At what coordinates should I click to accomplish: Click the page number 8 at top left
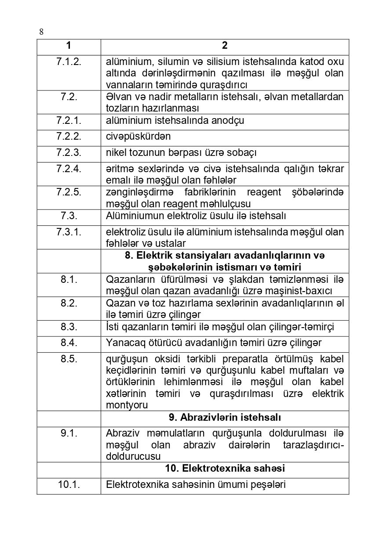[x=41, y=32]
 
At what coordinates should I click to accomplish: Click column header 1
[x=69, y=46]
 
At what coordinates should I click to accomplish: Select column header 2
[x=225, y=46]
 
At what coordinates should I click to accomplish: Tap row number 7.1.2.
[x=69, y=61]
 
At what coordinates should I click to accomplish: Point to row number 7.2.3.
[x=69, y=153]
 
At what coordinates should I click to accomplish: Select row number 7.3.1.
[x=69, y=232]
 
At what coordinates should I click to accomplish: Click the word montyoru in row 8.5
[x=127, y=405]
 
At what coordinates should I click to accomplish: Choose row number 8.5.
[x=69, y=359]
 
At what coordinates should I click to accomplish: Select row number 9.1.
[x=69, y=433]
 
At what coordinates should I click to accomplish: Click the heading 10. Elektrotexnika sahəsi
[x=225, y=469]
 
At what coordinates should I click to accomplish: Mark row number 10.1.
[x=69, y=485]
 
